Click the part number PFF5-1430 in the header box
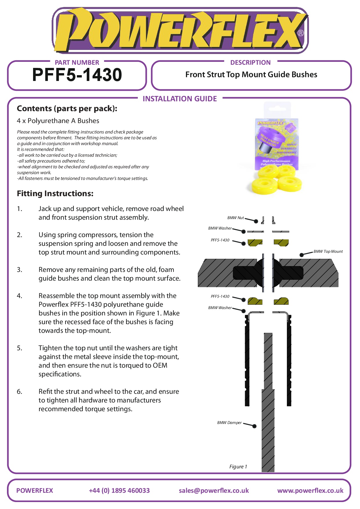tap(77, 75)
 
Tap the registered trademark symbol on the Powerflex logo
tap(301, 33)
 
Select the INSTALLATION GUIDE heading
tap(180, 99)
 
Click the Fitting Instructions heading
tap(55, 194)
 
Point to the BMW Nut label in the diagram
tap(236, 218)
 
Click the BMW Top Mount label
tap(328, 251)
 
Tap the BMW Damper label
tap(229, 423)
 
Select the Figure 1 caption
tap(238, 467)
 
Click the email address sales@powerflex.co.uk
tap(214, 490)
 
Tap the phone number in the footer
tap(119, 490)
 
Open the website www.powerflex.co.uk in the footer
tap(310, 490)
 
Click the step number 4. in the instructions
tap(19, 296)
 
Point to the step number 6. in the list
tap(19, 391)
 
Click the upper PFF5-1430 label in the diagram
tap(220, 240)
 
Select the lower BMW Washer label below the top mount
tap(220, 308)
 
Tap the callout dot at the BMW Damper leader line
tap(254, 426)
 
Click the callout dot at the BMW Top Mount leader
tap(302, 255)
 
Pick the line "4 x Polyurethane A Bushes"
tap(58, 121)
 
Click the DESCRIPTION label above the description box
tap(250, 62)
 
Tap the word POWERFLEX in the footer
tap(35, 490)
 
